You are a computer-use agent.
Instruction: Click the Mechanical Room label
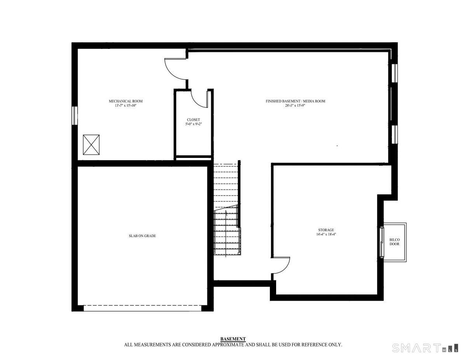[125, 101]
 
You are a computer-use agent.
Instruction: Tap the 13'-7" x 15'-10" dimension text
[125, 106]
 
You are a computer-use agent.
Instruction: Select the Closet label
[193, 120]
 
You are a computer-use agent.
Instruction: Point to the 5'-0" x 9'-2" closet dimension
[193, 124]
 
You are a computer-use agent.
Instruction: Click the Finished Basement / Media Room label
[295, 101]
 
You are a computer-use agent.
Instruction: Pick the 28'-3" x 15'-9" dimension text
[295, 106]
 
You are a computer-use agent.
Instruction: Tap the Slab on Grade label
[142, 236]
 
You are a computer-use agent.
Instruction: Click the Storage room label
[326, 230]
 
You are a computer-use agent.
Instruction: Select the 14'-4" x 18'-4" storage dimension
[326, 234]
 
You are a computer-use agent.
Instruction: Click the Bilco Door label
[395, 242]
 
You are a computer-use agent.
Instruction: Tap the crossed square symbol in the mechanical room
[91, 145]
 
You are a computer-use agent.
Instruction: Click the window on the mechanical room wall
[75, 116]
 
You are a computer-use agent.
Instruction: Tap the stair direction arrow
[226, 234]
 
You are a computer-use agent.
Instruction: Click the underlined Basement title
[233, 339]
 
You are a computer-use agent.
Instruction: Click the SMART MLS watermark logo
[425, 348]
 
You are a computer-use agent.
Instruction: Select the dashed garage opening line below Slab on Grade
[142, 305]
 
